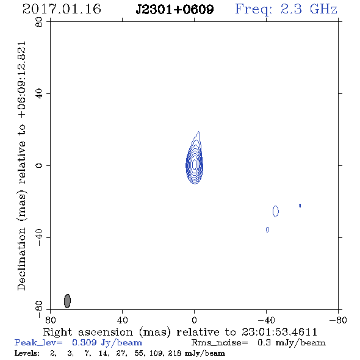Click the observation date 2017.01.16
[x=62, y=9]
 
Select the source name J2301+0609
[x=175, y=9]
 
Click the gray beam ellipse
[x=67, y=301]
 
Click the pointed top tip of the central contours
[x=199, y=132]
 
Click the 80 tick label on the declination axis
[x=39, y=22]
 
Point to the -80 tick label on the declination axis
[x=39, y=309]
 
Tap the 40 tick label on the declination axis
[x=39, y=94]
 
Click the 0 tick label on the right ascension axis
[x=194, y=320]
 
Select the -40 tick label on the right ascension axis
[x=266, y=320]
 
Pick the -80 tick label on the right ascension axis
[x=338, y=320]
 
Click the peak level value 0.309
[x=84, y=342]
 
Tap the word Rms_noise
[x=219, y=343]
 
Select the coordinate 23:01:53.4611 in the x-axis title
[x=279, y=332]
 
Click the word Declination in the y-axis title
[x=21, y=259]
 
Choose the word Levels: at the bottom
[x=27, y=353]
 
